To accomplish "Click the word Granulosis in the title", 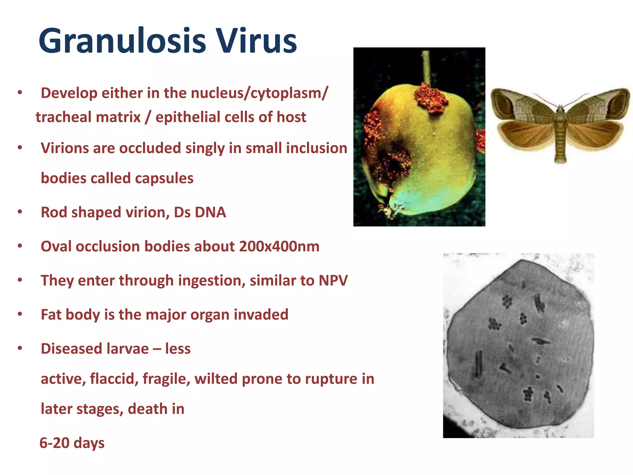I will [122, 41].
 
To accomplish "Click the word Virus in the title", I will [256, 41].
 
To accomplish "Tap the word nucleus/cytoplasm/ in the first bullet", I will [258, 93].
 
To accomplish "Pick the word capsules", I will [164, 178].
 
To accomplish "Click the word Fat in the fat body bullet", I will [51, 315].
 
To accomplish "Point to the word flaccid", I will [114, 379].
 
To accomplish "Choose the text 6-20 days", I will [72, 443].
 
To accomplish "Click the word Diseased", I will [71, 349].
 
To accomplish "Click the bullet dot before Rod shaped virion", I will [20, 212].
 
